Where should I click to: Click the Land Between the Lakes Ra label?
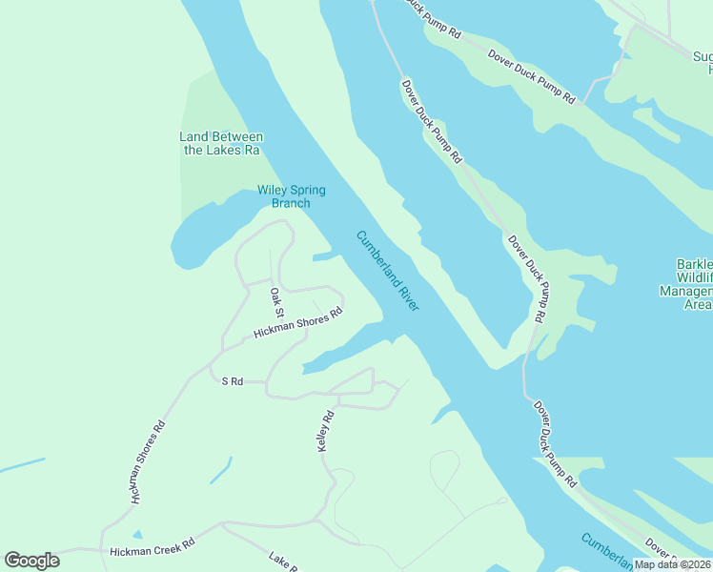220,144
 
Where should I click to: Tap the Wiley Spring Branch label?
291,196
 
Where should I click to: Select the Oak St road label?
276,302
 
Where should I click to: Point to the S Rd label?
233,381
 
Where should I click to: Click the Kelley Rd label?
328,431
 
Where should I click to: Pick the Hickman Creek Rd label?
152,551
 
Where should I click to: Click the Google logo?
31,561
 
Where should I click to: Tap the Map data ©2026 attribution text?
672,564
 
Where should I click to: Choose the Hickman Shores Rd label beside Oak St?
297,324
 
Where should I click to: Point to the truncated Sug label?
702,56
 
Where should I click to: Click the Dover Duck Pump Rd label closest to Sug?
532,77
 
